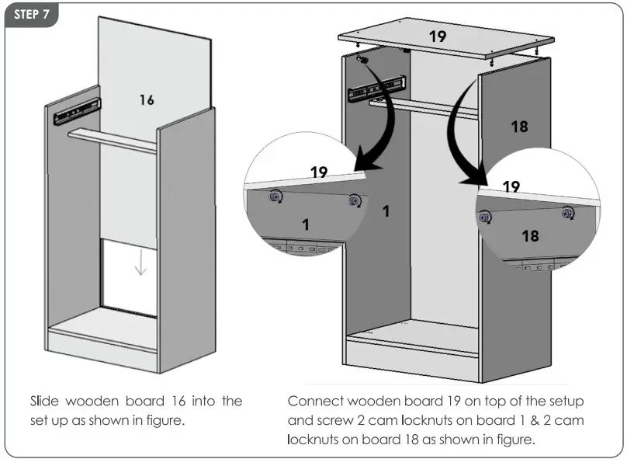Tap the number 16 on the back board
point(147,99)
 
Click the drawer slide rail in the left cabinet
point(77,113)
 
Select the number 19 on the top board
point(438,36)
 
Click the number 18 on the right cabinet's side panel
point(519,126)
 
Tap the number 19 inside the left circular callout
point(319,172)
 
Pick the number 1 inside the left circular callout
point(305,224)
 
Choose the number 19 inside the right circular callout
point(511,186)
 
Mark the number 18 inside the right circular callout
point(530,235)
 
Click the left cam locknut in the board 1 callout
point(275,197)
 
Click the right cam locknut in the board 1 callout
point(355,200)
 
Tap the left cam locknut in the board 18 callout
point(486,217)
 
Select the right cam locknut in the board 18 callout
point(568,210)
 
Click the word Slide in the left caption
point(43,402)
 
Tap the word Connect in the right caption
point(317,402)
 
